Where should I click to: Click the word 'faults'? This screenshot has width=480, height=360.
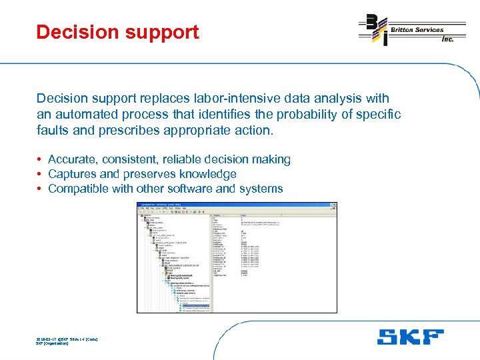(x=53, y=130)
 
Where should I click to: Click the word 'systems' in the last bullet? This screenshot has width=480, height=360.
(x=261, y=189)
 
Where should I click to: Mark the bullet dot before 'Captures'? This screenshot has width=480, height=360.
(x=40, y=174)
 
